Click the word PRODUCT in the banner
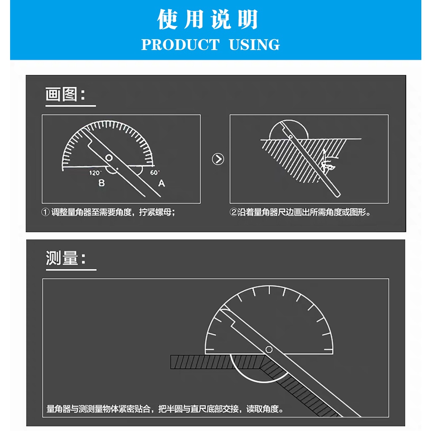point(180,45)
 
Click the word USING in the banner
point(254,45)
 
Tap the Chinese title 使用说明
point(208,19)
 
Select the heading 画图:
point(65,94)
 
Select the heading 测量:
point(65,258)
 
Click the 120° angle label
point(95,173)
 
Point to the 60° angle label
point(155,172)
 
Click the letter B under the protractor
point(101,183)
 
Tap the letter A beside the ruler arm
point(162,183)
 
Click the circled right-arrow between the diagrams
point(218,159)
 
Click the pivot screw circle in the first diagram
point(109,158)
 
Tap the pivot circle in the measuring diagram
point(269,349)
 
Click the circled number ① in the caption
point(45,212)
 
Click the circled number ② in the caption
point(233,212)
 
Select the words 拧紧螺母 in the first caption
point(155,212)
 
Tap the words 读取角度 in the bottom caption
point(262,409)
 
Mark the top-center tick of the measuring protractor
point(269,290)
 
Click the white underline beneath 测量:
point(71,270)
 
